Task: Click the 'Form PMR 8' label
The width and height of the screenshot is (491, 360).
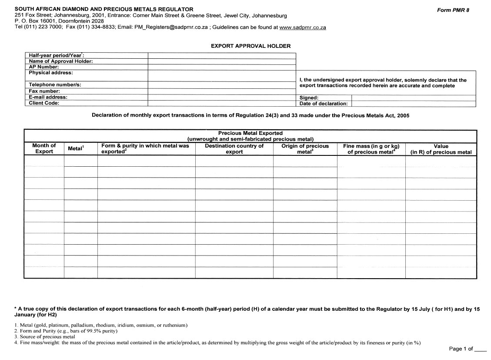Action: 453,10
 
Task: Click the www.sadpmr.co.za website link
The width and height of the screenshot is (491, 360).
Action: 303,27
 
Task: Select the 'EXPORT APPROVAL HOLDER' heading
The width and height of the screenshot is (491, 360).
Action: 251,46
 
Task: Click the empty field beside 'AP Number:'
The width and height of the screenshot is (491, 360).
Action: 222,67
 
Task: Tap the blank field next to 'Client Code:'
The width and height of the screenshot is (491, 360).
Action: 222,104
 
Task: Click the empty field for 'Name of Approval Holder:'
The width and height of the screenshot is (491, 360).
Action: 222,61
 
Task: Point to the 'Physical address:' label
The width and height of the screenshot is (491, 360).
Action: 51,73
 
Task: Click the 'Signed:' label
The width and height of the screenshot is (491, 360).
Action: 309,98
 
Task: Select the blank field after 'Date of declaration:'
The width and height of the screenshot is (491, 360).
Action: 413,104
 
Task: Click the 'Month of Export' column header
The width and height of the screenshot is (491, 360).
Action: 44,149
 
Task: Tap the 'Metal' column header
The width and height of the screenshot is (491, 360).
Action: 76,149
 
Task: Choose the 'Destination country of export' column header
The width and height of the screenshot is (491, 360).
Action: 234,149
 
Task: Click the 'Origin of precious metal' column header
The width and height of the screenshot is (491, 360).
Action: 305,149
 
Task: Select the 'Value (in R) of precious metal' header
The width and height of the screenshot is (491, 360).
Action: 441,149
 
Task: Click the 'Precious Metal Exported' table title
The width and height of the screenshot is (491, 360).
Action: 250,133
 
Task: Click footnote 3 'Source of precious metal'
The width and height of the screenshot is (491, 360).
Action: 44,336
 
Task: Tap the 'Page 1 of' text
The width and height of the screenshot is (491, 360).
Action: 461,349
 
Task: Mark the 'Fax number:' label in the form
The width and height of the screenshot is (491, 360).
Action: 44,91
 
